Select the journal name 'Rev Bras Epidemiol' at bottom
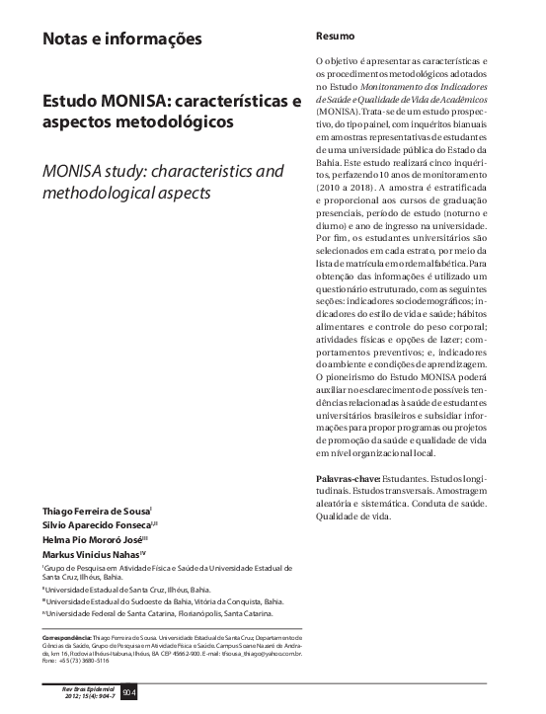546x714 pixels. point(90,688)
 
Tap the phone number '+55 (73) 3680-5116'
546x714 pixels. point(91,662)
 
